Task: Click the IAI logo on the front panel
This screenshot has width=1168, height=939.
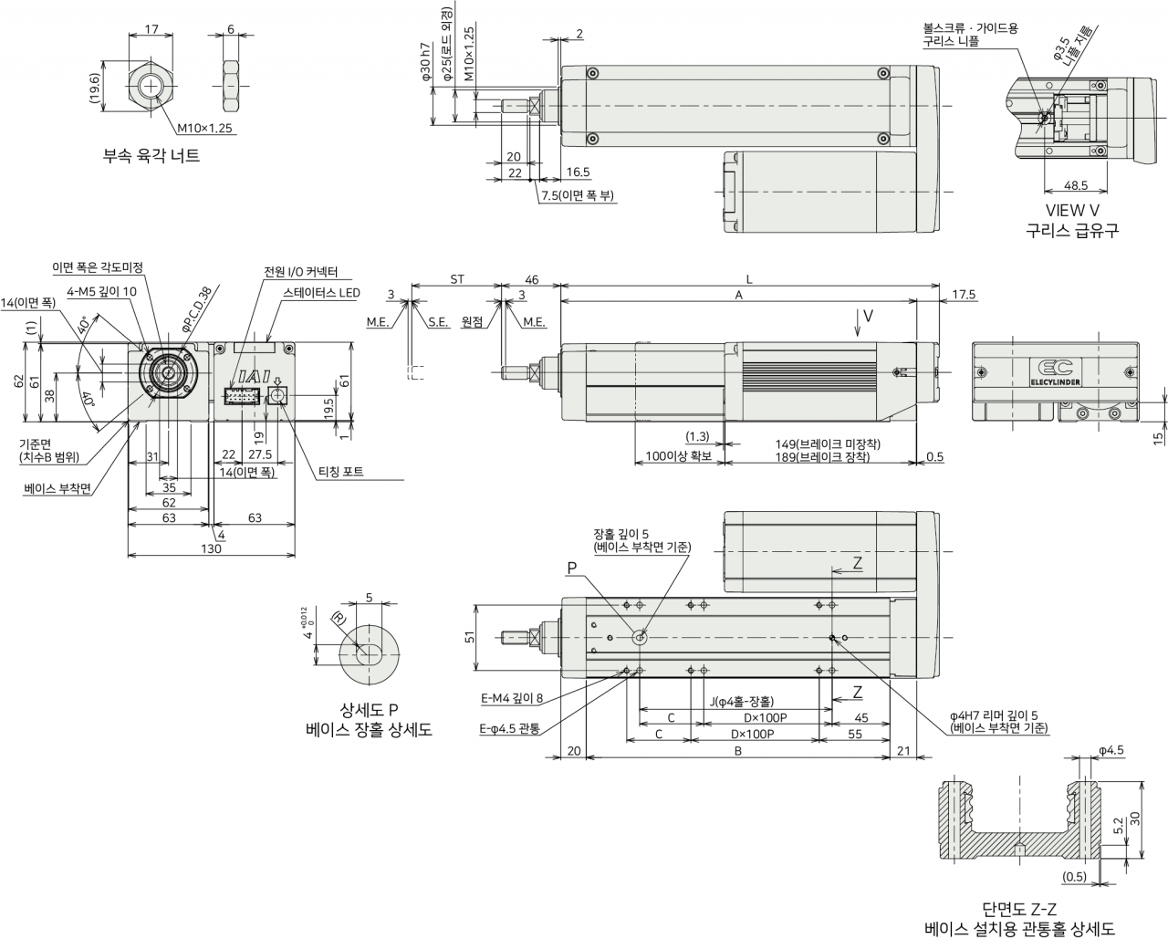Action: point(254,377)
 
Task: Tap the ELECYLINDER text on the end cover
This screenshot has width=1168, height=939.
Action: point(1055,382)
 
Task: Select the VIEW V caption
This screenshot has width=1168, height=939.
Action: point(1072,210)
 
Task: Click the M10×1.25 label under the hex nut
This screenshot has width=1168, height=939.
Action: point(204,128)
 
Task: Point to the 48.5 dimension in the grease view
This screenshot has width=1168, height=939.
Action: point(1075,185)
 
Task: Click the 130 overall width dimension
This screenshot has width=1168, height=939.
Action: point(211,548)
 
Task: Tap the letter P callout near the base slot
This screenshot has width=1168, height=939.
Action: point(571,569)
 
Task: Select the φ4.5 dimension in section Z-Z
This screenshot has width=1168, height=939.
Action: point(1111,751)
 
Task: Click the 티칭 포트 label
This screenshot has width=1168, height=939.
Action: point(340,472)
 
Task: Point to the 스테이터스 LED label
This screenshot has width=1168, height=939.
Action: point(321,293)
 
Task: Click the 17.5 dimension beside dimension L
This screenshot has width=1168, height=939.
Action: point(964,294)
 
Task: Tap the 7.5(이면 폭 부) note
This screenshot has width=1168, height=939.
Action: point(578,195)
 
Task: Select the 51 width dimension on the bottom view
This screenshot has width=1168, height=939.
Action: point(470,636)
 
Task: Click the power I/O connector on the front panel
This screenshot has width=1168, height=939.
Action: point(241,396)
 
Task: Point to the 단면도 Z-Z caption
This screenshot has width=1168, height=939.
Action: point(1019,909)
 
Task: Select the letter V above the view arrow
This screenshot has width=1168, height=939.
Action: point(868,316)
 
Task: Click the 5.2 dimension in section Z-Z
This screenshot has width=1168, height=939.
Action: point(1118,826)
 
